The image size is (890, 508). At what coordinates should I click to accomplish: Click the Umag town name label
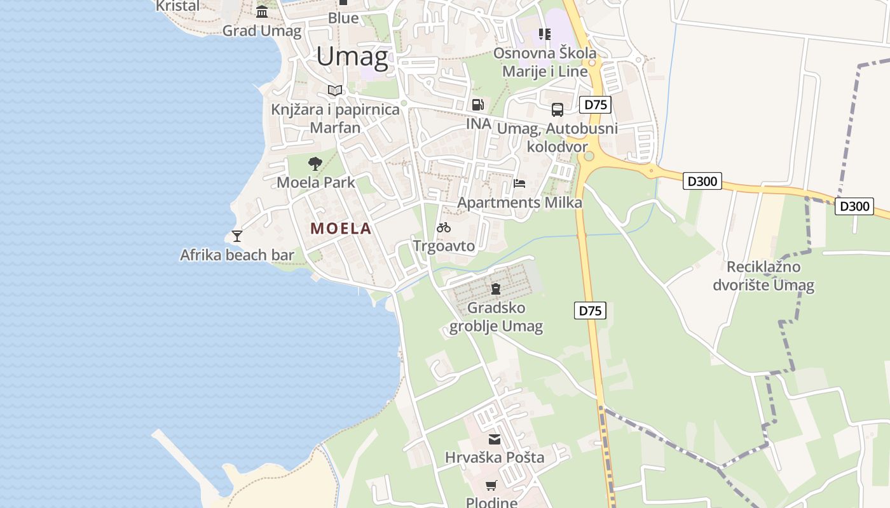point(352,57)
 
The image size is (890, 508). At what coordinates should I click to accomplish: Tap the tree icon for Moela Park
point(315,164)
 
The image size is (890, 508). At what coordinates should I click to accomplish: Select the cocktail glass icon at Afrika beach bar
point(237,236)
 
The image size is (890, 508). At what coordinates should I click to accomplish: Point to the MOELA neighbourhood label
point(341,229)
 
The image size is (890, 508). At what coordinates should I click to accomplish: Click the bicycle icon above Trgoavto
point(444,227)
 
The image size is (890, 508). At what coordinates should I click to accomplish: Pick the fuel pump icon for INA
point(477,105)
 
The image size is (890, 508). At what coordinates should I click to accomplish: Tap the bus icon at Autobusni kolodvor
point(558,110)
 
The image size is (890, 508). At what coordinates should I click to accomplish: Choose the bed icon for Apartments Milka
point(519,184)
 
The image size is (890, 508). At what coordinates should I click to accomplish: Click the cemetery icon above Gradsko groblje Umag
point(496,289)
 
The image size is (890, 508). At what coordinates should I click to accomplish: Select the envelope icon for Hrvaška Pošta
point(495,439)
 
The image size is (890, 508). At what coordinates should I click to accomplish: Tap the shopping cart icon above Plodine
point(491,486)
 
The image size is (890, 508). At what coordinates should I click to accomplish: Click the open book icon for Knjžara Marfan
point(335,90)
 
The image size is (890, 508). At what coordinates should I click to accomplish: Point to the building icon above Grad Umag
point(262,11)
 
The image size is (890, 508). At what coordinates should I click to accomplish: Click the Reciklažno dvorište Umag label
point(763,276)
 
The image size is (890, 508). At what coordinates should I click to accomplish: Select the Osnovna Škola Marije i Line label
point(545,62)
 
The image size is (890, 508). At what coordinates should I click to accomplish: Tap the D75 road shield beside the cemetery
point(591,311)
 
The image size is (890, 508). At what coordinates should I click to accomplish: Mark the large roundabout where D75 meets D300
point(589,156)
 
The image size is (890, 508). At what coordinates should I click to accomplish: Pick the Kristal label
point(178,6)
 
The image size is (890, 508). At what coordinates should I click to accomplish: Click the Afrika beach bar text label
point(237,255)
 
